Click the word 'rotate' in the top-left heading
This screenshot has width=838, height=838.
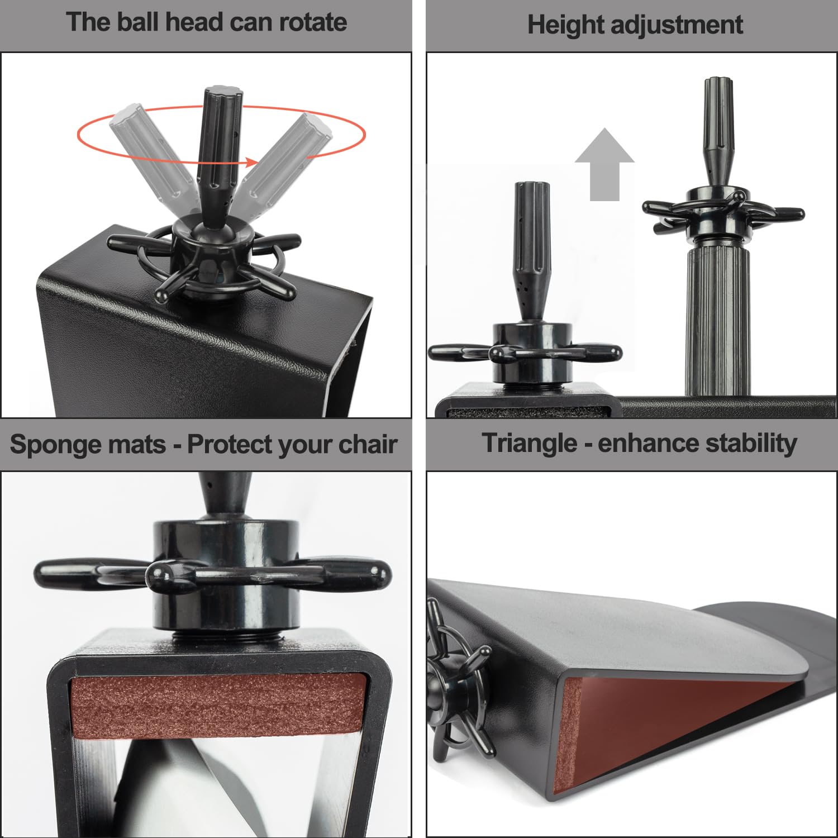pyautogui.click(x=313, y=22)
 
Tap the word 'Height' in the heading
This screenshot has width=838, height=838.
pyautogui.click(x=565, y=26)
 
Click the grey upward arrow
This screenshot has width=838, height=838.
pyautogui.click(x=604, y=164)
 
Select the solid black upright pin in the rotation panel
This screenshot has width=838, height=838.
pyautogui.click(x=218, y=156)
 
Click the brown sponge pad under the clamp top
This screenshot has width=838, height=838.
pyautogui.click(x=218, y=705)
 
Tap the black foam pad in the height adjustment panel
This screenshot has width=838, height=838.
pyautogui.click(x=528, y=413)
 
